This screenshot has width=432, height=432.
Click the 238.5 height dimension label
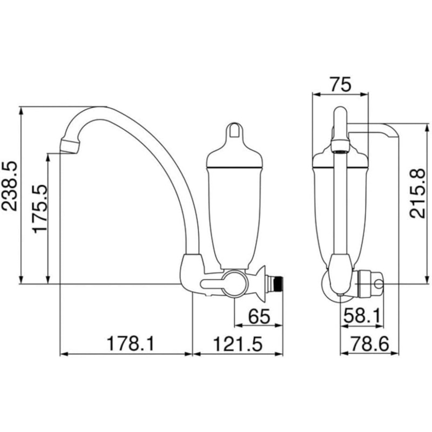click(10, 186)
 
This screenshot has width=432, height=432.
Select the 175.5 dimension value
click(39, 208)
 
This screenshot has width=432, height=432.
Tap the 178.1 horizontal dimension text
click(131, 343)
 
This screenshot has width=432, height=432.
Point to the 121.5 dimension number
click(238, 343)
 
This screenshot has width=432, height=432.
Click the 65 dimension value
click(259, 316)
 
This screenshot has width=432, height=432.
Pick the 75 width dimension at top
click(341, 84)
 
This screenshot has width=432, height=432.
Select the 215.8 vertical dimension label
click(417, 193)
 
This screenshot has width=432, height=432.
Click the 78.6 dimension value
click(369, 343)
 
